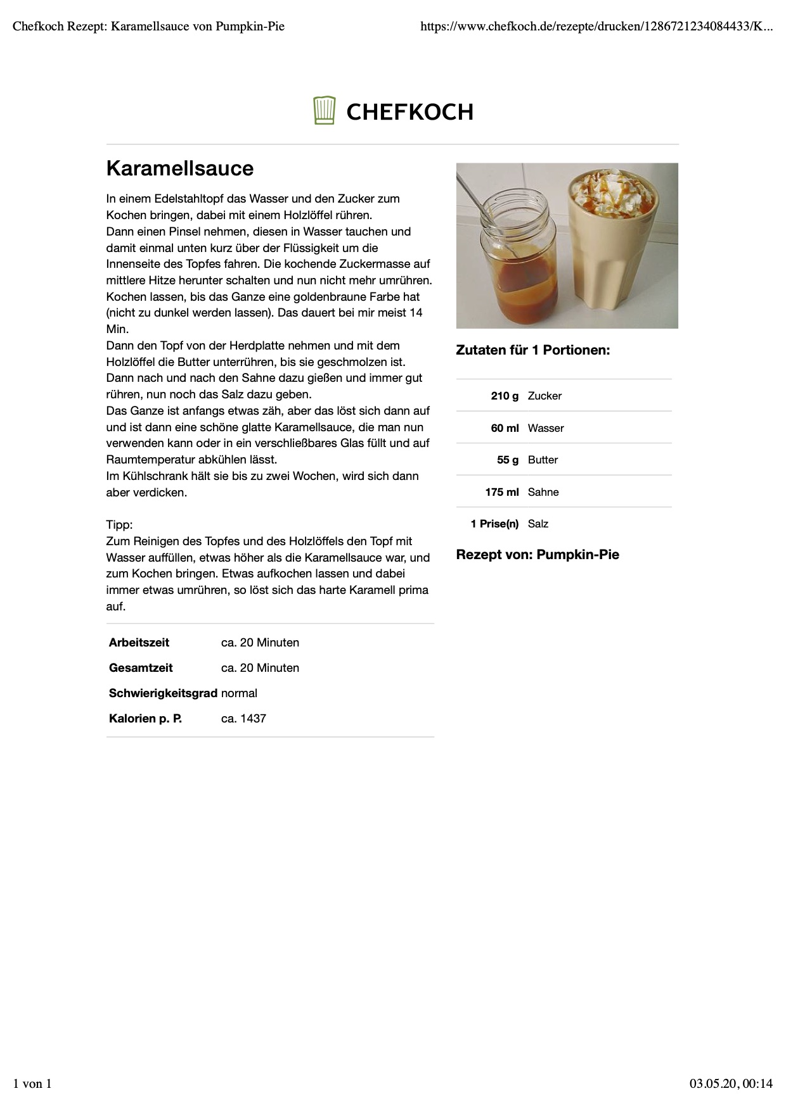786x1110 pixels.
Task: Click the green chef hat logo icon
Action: tap(324, 111)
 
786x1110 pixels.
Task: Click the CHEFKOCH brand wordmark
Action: tap(409, 112)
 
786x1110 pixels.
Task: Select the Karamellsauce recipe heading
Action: tap(180, 168)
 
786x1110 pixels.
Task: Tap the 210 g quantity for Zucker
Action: tap(505, 396)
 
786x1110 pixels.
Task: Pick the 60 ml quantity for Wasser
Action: tap(505, 428)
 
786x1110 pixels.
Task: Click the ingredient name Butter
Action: tap(543, 460)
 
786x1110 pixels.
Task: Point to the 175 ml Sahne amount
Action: tap(502, 492)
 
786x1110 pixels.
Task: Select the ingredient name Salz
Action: tap(538, 524)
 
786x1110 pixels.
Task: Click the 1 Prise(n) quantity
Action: tap(494, 524)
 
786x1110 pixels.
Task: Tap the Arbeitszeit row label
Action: tap(139, 643)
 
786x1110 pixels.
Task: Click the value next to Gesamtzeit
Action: tap(260, 668)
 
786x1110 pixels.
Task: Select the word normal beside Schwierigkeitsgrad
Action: tap(239, 693)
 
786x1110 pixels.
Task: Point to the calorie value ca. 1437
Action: tap(243, 719)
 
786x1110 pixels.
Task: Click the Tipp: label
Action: tap(119, 525)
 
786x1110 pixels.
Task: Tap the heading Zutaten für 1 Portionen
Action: tap(532, 350)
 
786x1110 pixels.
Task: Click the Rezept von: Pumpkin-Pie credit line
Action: tap(538, 555)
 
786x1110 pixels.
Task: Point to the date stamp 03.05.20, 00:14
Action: tap(731, 1083)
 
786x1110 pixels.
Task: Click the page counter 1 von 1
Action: tap(32, 1083)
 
